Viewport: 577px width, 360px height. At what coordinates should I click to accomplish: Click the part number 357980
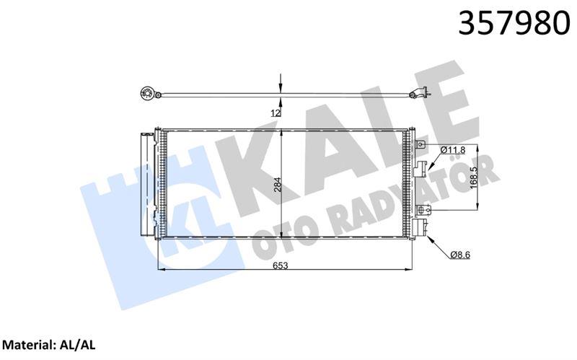click(509, 23)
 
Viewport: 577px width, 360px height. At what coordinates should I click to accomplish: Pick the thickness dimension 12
click(276, 113)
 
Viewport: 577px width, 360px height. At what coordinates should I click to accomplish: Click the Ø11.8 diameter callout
click(452, 149)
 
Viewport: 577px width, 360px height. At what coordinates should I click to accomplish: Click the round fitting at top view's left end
click(145, 92)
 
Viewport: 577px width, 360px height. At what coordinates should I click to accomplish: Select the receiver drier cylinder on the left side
click(148, 184)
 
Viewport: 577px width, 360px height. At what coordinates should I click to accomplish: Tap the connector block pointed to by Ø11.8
click(421, 171)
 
